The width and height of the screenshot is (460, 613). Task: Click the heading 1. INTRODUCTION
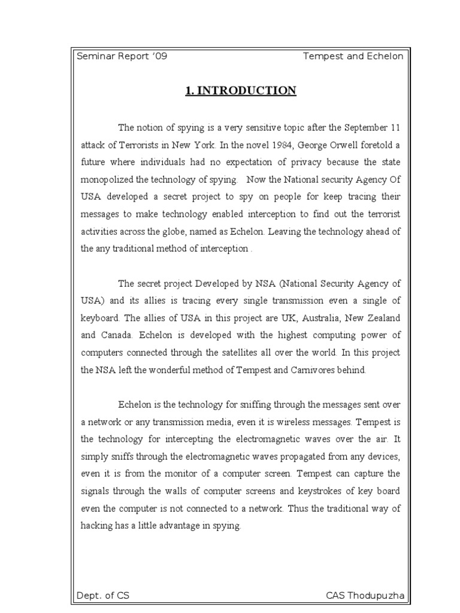[241, 91]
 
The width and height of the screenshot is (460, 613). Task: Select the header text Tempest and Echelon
[353, 56]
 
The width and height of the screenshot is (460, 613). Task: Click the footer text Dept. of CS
[102, 596]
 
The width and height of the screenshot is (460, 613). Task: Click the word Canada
[117, 335]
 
